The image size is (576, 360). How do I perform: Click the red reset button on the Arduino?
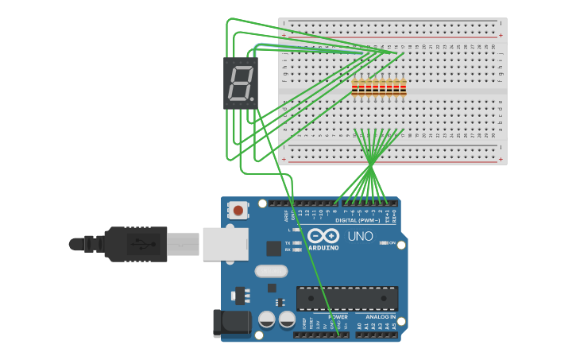tap(237, 211)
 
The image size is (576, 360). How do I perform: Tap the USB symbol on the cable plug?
tap(142, 244)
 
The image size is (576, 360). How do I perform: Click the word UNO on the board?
tap(360, 236)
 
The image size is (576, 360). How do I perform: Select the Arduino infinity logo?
tap(323, 236)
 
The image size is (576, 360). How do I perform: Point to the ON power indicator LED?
tap(384, 243)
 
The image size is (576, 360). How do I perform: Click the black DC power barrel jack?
tap(231, 323)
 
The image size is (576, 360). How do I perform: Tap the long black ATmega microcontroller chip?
tap(347, 299)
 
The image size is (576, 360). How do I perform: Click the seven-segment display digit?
tap(241, 83)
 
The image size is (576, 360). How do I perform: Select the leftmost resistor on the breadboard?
tap(355, 88)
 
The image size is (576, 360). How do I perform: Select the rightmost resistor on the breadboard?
tap(403, 88)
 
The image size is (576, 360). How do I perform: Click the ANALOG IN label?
tap(375, 317)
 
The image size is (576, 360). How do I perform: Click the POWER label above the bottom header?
tap(338, 317)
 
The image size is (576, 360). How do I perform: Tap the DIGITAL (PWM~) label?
tap(357, 220)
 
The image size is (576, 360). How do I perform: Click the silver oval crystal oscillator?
tap(271, 271)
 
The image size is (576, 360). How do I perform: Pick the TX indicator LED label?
tap(288, 243)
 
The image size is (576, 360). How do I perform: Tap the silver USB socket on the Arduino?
tap(225, 244)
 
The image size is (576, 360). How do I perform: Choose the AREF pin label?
tap(285, 215)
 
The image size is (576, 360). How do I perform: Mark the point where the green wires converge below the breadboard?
tap(370, 165)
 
